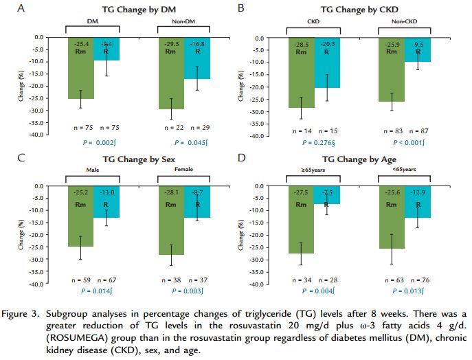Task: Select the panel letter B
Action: click(x=241, y=8)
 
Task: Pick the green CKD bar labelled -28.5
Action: click(x=300, y=72)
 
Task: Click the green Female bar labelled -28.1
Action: click(x=171, y=220)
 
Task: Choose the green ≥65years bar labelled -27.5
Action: click(x=301, y=220)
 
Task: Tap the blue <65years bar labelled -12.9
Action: click(x=417, y=202)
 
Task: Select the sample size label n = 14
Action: click(x=302, y=129)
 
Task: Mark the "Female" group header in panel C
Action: click(x=184, y=168)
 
